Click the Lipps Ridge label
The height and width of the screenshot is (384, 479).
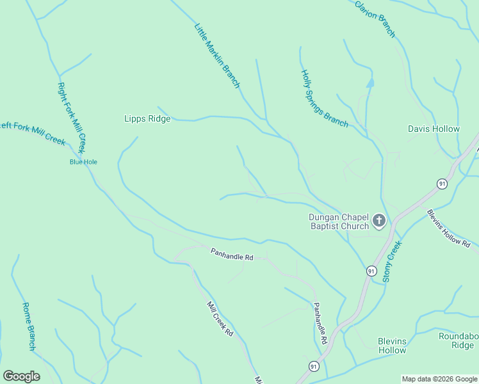[147, 118]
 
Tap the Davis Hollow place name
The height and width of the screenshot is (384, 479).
[434, 129]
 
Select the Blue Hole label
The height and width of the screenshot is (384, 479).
[83, 162]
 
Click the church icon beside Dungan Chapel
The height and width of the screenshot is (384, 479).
[379, 221]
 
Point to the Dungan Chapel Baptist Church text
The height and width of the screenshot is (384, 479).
[339, 221]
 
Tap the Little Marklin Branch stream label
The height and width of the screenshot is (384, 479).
[217, 56]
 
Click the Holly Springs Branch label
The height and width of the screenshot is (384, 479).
[324, 99]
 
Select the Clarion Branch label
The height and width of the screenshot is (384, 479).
[375, 18]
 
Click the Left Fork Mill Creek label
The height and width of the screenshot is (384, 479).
[32, 132]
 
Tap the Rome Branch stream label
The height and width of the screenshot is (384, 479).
[28, 326]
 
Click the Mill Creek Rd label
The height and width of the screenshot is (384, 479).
[220, 319]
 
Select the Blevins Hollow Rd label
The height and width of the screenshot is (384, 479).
[448, 228]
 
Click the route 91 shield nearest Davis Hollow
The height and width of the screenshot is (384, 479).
[442, 184]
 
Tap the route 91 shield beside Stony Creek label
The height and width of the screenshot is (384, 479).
[371, 271]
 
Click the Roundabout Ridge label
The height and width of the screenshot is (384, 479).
[458, 340]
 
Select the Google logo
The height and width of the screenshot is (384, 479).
[21, 376]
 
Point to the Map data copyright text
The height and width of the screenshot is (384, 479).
[439, 379]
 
